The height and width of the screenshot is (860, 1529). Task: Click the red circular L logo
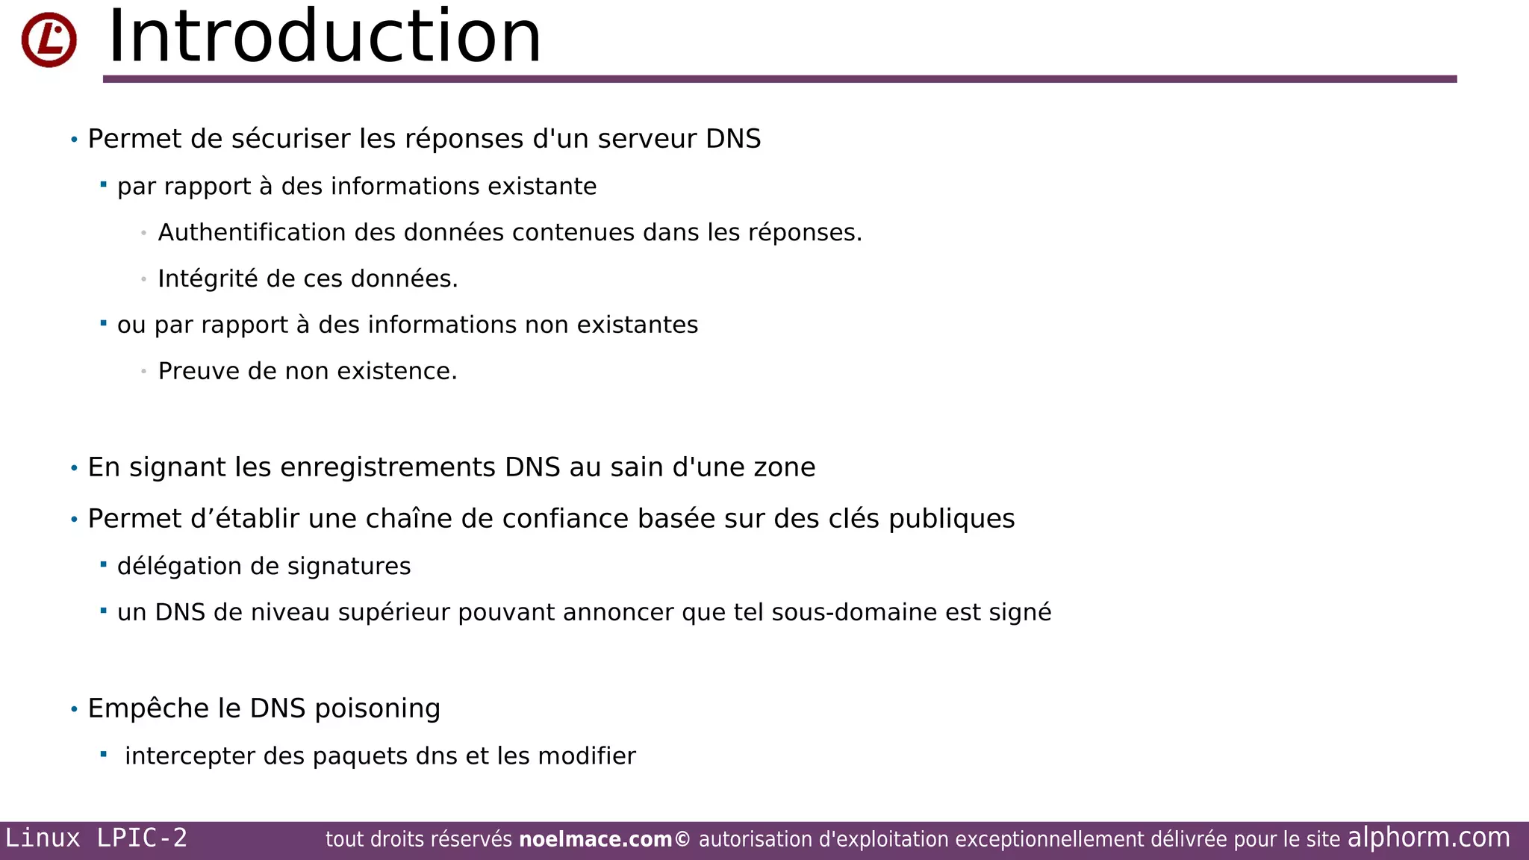[x=49, y=40]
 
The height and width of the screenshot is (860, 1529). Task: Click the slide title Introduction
[x=324, y=37]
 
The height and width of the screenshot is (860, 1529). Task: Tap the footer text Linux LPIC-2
[x=96, y=838]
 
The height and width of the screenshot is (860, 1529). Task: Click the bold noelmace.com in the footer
[x=595, y=840]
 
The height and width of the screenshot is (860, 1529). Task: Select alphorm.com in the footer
[x=1428, y=838]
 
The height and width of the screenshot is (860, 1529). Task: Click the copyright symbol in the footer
[x=682, y=840]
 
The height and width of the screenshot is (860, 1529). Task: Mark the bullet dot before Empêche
[x=74, y=709]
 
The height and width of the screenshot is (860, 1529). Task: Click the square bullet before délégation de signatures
[x=104, y=564]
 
